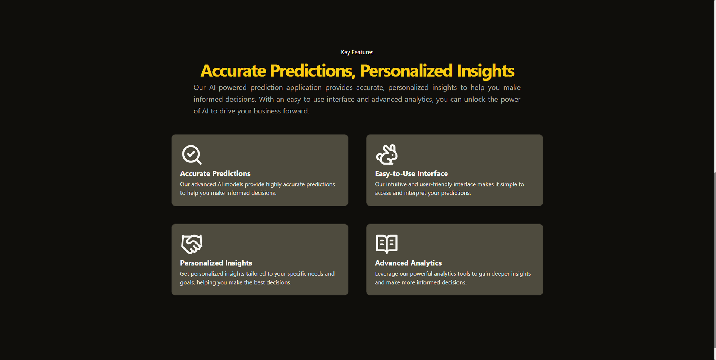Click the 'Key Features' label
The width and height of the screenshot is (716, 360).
pyautogui.click(x=357, y=52)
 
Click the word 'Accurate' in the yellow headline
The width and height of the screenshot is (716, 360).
pyautogui.click(x=233, y=71)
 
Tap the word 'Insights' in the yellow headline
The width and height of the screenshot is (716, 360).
pyautogui.click(x=485, y=71)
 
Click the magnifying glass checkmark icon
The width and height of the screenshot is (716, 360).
pyautogui.click(x=192, y=154)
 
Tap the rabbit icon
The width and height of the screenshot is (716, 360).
pyautogui.click(x=387, y=154)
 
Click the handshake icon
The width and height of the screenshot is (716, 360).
pyautogui.click(x=192, y=244)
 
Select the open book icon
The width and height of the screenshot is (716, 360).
pyautogui.click(x=387, y=244)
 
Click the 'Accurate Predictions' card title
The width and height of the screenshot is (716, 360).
pyautogui.click(x=215, y=173)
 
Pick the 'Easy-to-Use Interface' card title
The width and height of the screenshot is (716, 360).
pyautogui.click(x=411, y=173)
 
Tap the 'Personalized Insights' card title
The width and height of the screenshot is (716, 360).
pyautogui.click(x=216, y=263)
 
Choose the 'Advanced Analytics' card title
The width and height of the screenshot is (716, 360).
pyautogui.click(x=408, y=263)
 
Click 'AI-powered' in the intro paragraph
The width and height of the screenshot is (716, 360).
pyautogui.click(x=227, y=87)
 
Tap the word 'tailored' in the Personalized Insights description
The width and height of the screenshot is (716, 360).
pyautogui.click(x=256, y=274)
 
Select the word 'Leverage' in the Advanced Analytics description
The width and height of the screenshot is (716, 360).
pyautogui.click(x=386, y=274)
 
